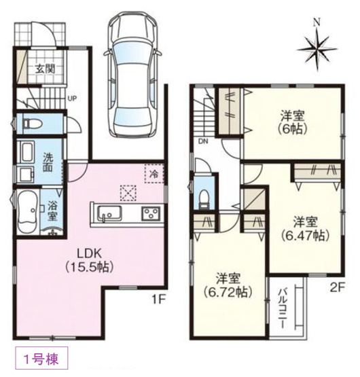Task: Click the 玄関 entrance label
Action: point(46,69)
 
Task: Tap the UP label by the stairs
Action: point(72,98)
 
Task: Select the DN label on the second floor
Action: point(203,141)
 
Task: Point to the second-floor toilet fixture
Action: point(204,199)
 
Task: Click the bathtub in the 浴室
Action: point(27,212)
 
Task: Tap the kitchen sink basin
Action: point(109,213)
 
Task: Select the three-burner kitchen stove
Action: point(151,213)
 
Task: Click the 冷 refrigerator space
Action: point(154,174)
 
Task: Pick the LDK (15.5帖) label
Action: point(89,260)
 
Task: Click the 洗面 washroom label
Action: point(48,162)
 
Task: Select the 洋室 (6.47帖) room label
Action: point(305,229)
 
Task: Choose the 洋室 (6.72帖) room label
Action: point(228,285)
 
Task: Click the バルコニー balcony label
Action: point(283,308)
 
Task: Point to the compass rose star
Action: point(317,49)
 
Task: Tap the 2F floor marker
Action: point(338,287)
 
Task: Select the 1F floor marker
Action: point(158,300)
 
